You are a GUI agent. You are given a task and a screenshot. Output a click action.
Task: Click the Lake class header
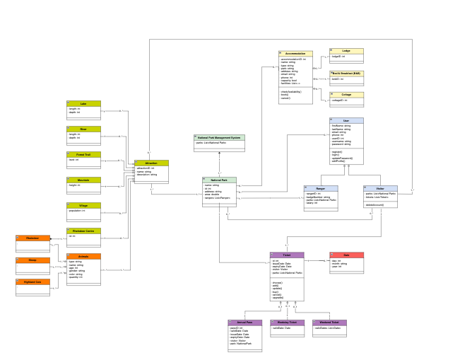[x=83, y=103]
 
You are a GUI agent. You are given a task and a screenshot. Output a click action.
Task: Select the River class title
[x=83, y=129]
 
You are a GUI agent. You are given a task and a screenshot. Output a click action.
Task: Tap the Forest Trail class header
[x=83, y=154]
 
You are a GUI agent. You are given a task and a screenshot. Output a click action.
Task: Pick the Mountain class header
[x=83, y=180]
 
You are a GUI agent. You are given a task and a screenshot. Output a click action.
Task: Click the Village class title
[x=83, y=205]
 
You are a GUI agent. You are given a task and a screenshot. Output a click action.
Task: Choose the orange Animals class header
[x=83, y=256]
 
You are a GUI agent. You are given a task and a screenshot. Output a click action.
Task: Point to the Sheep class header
[x=33, y=260]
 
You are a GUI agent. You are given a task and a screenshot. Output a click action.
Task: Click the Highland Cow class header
[x=33, y=281]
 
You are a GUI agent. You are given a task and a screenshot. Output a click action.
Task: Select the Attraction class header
[x=151, y=163]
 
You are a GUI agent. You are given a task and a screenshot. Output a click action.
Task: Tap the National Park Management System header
[x=219, y=137]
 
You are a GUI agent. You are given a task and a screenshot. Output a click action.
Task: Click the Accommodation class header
[x=295, y=54]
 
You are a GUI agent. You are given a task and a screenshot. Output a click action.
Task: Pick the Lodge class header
[x=346, y=51]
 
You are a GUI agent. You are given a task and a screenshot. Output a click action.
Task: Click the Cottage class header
[x=346, y=94]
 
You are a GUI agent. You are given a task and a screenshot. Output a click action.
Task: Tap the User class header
[x=346, y=120]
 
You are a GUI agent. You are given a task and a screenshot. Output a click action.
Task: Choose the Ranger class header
[x=321, y=188]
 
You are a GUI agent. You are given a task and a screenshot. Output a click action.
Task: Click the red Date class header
[x=346, y=255]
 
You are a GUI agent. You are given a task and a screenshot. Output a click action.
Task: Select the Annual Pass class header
[x=244, y=323]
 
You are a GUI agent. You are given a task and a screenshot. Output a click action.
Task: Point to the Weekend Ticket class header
[x=329, y=323]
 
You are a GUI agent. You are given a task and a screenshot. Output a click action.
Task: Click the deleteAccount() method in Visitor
[x=374, y=204]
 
